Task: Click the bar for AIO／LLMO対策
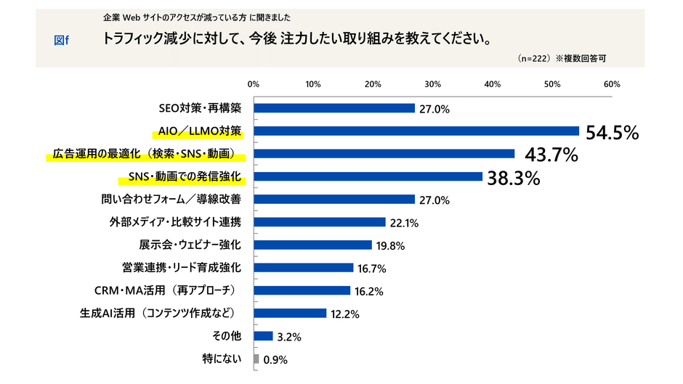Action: pos(416,131)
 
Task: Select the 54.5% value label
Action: pos(612,132)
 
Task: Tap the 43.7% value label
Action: pos(547,155)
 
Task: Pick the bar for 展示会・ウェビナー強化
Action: pos(312,245)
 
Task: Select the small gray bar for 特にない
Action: pos(256,359)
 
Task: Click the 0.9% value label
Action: pos(277,359)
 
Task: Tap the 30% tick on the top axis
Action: pos(432,84)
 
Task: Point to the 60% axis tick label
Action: pos(611,84)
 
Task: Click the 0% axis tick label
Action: pos(254,84)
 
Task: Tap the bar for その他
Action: pos(263,336)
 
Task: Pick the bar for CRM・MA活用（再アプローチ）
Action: pos(302,290)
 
